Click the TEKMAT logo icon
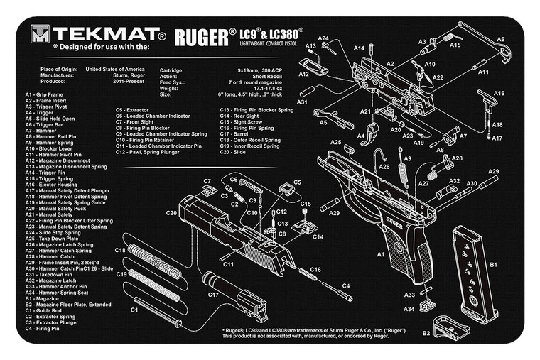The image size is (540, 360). pyautogui.click(x=40, y=34)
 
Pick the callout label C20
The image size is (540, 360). pyautogui.click(x=171, y=212)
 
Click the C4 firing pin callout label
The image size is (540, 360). pyautogui.click(x=347, y=286)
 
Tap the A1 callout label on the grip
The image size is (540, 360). pyautogui.click(x=381, y=253)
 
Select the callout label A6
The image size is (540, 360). pyautogui.click(x=501, y=39)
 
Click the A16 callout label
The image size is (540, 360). pyautogui.click(x=499, y=93)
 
